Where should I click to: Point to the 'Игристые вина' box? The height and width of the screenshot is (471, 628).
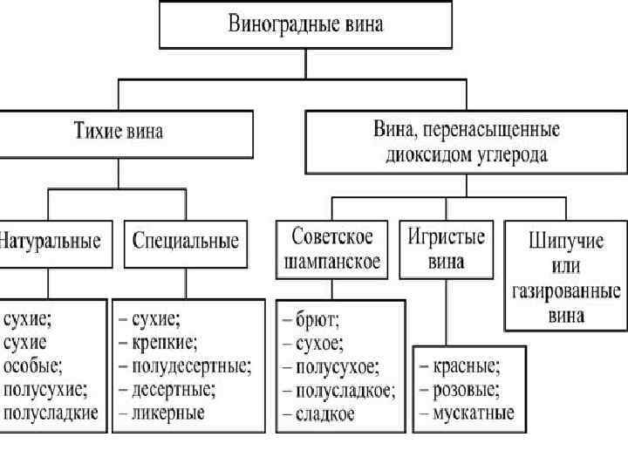(x=446, y=248)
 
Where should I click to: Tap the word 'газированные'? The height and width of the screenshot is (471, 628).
(x=565, y=290)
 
